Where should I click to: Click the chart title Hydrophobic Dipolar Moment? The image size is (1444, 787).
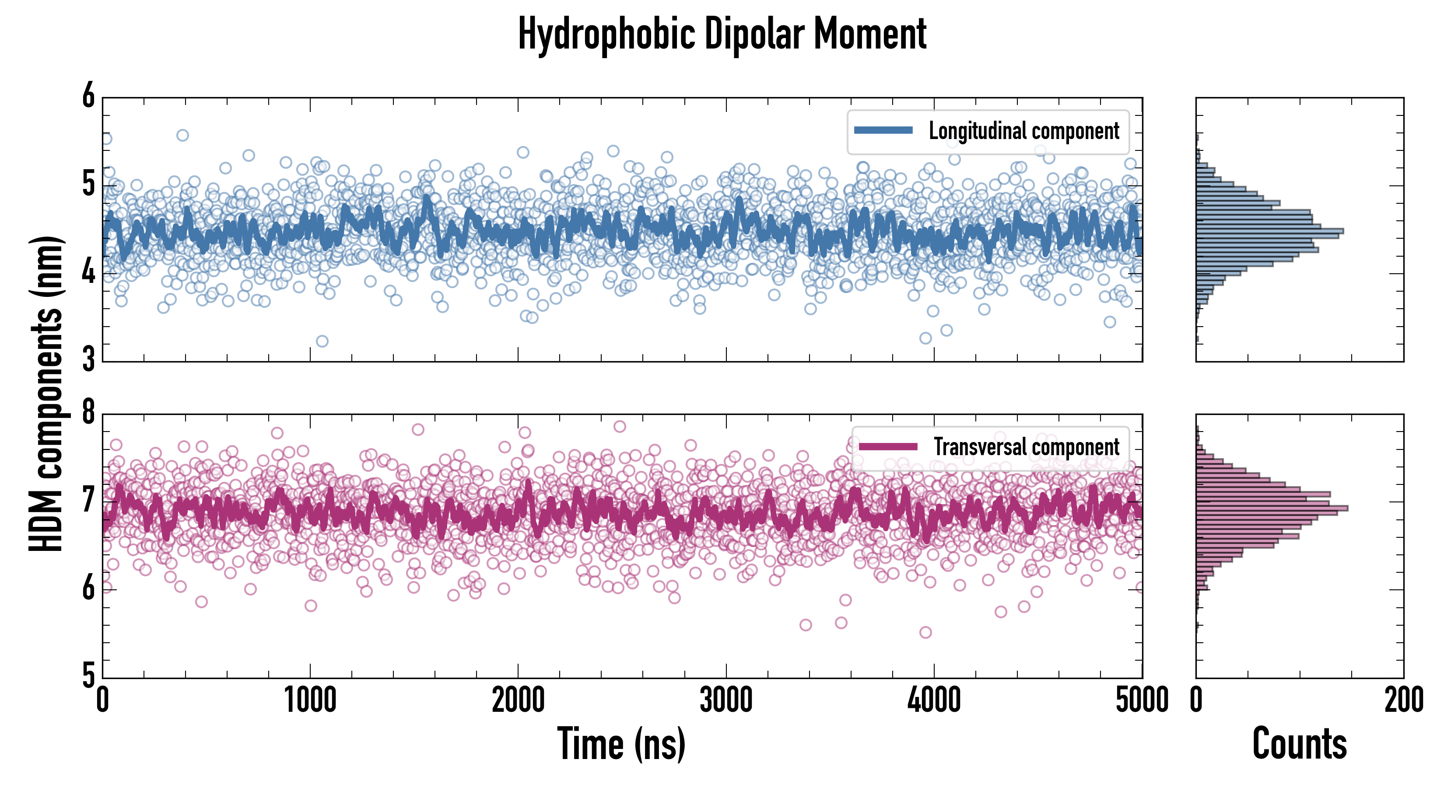[x=722, y=35]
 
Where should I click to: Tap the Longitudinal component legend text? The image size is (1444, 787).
[x=1023, y=131]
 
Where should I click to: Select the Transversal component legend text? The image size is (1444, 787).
[x=1026, y=447]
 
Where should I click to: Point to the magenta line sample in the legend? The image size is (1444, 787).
[x=887, y=446]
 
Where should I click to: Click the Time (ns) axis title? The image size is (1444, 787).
[x=621, y=744]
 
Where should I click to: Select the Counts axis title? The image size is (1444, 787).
[x=1299, y=744]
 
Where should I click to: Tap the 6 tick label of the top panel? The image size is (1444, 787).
[x=88, y=96]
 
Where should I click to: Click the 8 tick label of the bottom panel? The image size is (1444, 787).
[x=88, y=413]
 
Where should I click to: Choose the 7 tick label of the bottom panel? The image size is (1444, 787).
[x=88, y=500]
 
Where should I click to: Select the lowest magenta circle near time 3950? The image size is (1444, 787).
[x=925, y=632]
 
